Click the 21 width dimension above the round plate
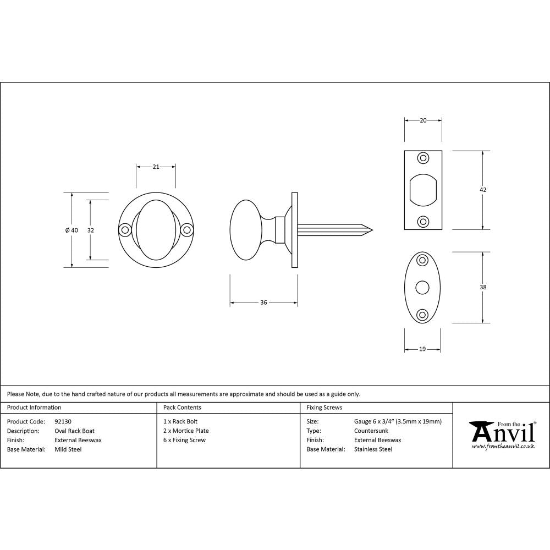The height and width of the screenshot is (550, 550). [156, 167]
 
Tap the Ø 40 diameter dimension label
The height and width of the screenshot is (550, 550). [71, 230]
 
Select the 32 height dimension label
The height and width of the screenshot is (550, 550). [91, 230]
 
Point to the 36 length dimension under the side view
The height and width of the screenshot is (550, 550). [263, 302]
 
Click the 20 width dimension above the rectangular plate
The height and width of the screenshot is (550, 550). [423, 120]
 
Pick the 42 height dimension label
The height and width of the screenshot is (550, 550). [483, 190]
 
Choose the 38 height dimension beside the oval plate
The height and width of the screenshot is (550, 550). [483, 287]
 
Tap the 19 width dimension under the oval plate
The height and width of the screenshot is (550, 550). [422, 349]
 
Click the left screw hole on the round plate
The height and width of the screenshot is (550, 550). [125, 230]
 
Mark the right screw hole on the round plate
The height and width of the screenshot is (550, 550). [187, 230]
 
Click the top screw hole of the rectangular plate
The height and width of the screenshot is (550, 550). [423, 158]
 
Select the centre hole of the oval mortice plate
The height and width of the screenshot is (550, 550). [422, 287]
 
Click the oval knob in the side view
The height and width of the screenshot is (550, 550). [246, 229]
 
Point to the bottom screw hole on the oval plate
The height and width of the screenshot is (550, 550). [422, 314]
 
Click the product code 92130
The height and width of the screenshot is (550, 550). [63, 421]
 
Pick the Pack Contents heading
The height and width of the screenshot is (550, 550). [182, 408]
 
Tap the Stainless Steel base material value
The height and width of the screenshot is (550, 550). [373, 449]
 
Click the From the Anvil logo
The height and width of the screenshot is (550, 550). [502, 435]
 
